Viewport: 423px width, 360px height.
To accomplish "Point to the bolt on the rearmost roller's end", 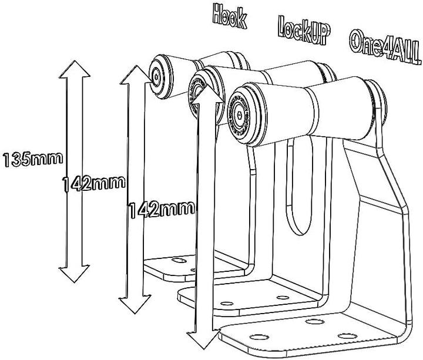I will click(156, 75).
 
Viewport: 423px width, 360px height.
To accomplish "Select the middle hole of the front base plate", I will click(311, 322).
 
